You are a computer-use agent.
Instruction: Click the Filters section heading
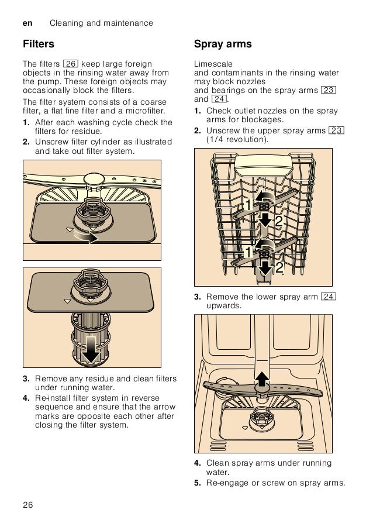coord(39,44)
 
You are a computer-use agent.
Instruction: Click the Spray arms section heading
coord(223,44)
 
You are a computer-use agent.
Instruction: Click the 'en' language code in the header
coord(27,23)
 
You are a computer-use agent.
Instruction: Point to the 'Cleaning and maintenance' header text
coord(102,23)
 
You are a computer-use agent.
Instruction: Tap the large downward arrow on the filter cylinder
coord(91,349)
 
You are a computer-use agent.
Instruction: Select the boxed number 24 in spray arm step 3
coord(329,297)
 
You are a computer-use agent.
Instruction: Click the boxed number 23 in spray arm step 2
coord(336,130)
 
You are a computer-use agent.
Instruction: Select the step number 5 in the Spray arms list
coord(198,483)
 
